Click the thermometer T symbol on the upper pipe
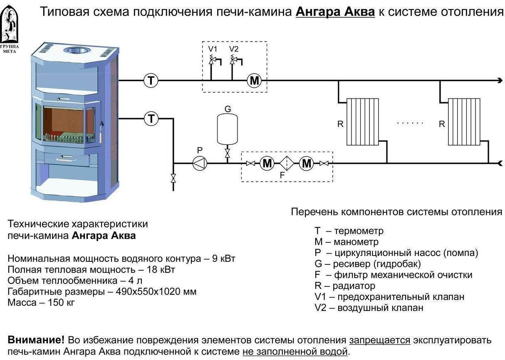[151, 80]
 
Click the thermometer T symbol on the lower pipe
[151, 119]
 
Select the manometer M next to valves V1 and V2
[254, 81]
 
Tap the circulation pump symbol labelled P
[200, 163]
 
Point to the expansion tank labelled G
[228, 129]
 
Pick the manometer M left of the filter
[267, 163]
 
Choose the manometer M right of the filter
[307, 163]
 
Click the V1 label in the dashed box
[213, 49]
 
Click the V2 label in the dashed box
[234, 49]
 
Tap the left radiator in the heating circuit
[363, 121]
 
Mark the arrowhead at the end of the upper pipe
[500, 81]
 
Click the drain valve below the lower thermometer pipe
[173, 178]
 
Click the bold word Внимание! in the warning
[36, 340]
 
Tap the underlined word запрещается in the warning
[379, 340]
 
